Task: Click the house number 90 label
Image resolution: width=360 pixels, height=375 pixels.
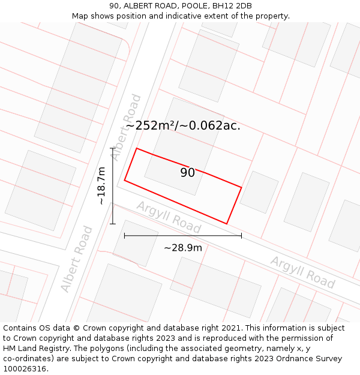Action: click(187, 173)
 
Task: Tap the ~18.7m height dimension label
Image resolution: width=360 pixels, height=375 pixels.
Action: click(102, 185)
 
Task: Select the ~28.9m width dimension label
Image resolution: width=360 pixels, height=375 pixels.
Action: click(183, 247)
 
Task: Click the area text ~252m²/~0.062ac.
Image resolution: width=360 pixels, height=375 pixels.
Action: click(183, 125)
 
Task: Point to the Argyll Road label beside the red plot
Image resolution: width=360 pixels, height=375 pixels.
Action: click(169, 217)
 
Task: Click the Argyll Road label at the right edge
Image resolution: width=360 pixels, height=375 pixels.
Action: click(302, 272)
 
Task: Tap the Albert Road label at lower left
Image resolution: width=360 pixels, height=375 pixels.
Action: click(77, 259)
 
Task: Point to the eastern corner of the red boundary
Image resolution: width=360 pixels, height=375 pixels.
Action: click(241, 188)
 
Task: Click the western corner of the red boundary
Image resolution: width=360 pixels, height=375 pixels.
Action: click(125, 180)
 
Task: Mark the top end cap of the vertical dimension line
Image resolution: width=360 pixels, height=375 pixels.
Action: click(113, 148)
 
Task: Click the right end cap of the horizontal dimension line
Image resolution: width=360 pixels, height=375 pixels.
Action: click(241, 236)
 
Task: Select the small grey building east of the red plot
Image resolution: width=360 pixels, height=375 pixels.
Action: click(259, 192)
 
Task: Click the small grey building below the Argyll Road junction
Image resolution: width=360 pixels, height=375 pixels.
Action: click(136, 243)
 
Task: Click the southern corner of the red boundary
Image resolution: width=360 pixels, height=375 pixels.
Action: click(227, 224)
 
